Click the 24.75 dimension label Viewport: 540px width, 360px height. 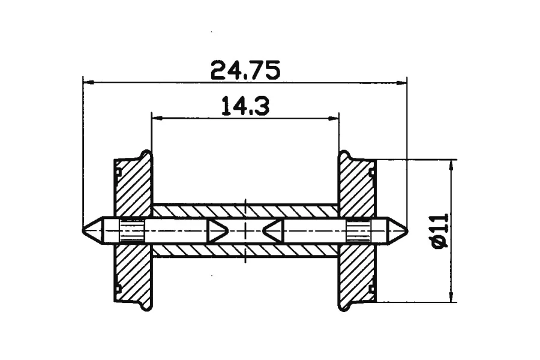tap(245, 70)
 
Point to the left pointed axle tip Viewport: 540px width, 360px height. tap(83, 230)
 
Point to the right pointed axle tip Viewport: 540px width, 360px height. tap(407, 230)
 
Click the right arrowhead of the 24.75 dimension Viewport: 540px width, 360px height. tap(401, 83)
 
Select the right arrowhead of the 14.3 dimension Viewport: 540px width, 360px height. tap(334, 119)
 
